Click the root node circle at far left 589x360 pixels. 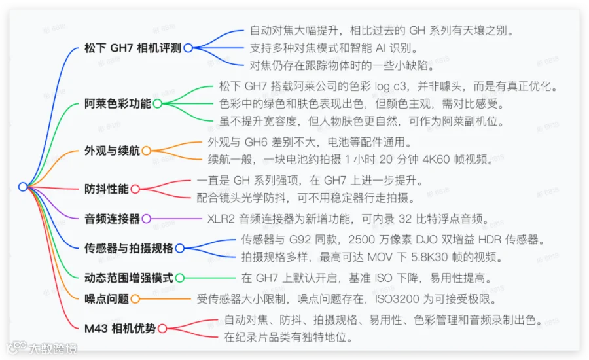(23, 187)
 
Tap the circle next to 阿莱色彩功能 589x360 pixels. (157, 103)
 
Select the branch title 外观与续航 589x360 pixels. (112, 151)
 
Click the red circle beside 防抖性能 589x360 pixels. (135, 189)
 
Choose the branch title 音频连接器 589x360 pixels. (112, 219)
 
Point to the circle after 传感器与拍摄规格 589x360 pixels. (180, 248)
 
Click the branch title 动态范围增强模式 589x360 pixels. (129, 278)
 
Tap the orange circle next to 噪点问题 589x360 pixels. (135, 299)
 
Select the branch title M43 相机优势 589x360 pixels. (120, 328)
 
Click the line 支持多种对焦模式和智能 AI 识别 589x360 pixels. (334, 48)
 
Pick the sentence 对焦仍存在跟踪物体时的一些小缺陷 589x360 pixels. (342, 65)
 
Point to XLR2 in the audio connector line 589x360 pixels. (221, 219)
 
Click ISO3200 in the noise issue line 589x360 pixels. (405, 299)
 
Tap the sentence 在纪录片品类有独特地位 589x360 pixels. (289, 337)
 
